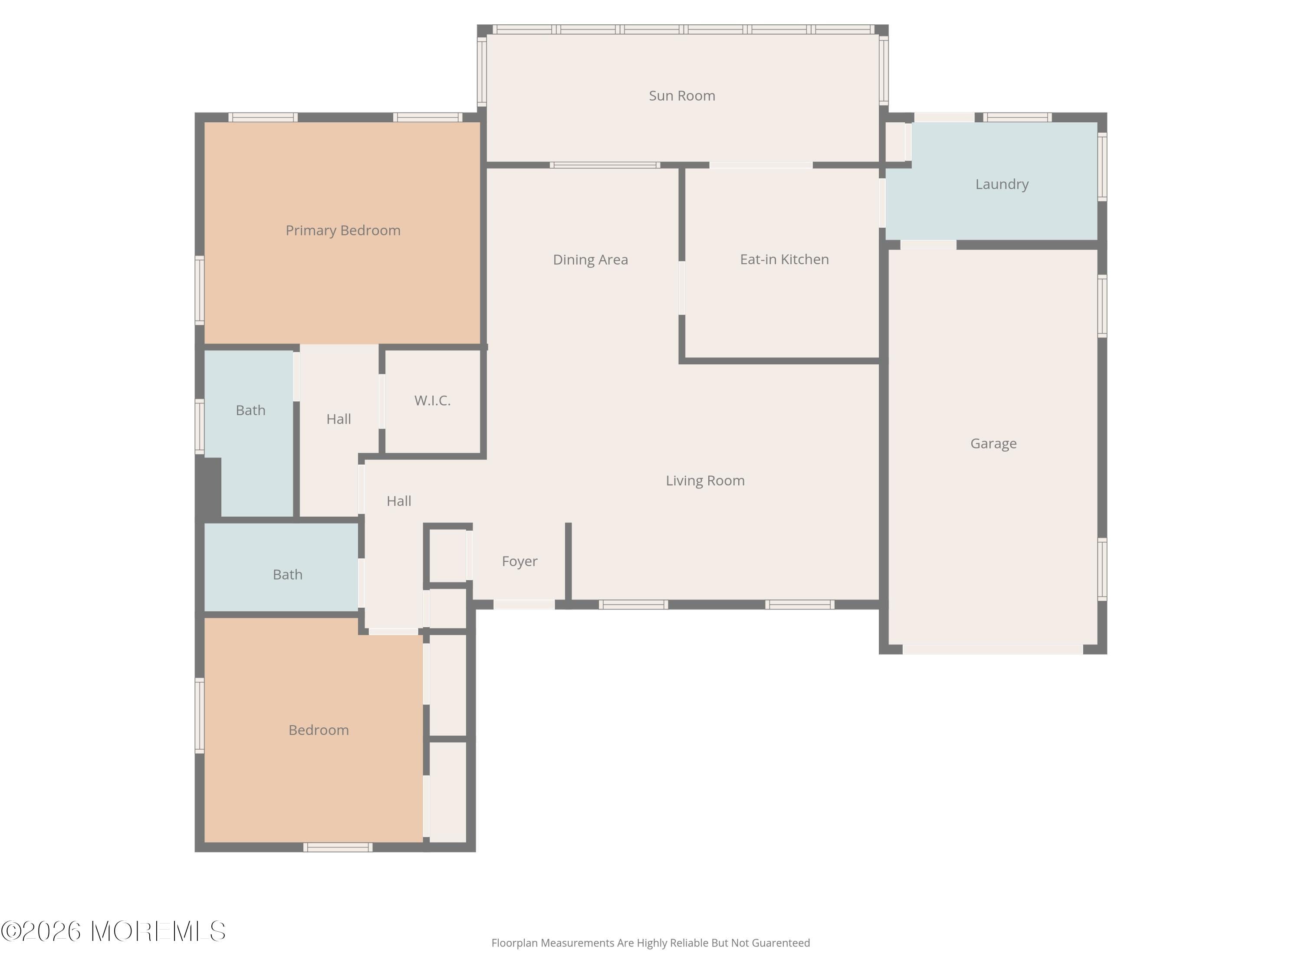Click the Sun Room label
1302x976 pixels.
(682, 96)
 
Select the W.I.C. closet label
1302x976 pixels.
(432, 401)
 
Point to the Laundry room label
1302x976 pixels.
(1001, 184)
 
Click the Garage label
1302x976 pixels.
(993, 444)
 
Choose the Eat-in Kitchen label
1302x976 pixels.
(784, 259)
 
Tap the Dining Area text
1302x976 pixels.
(590, 259)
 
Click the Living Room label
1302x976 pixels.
(704, 481)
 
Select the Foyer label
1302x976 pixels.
(519, 561)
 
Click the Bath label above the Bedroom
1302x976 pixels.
(287, 575)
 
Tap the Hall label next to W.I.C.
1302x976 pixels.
(339, 419)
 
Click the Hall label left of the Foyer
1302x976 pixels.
(398, 501)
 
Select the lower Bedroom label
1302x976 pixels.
(319, 730)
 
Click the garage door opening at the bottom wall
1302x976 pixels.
(993, 649)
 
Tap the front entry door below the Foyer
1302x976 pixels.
(523, 604)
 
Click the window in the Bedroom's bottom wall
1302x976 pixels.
(338, 847)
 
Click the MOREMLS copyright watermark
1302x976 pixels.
(113, 931)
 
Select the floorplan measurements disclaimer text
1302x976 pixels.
(651, 943)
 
